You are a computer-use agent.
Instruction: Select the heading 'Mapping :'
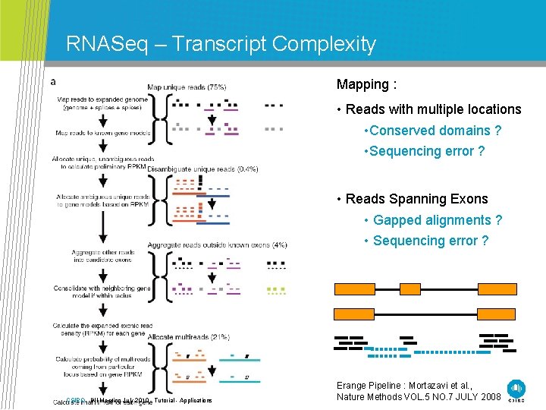(x=367, y=84)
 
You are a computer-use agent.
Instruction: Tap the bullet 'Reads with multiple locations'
(x=433, y=109)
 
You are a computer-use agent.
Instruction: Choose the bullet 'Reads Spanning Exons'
(x=416, y=199)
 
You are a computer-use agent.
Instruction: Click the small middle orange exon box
(x=410, y=289)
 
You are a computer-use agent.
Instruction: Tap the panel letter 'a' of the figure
(x=52, y=81)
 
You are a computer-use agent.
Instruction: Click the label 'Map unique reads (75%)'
(x=187, y=87)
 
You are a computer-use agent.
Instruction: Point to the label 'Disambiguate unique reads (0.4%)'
(x=202, y=169)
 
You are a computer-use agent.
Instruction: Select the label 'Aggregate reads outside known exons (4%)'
(x=217, y=244)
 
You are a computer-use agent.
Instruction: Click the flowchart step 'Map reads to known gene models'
(x=102, y=133)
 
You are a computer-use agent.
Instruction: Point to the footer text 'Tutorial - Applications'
(x=183, y=400)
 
